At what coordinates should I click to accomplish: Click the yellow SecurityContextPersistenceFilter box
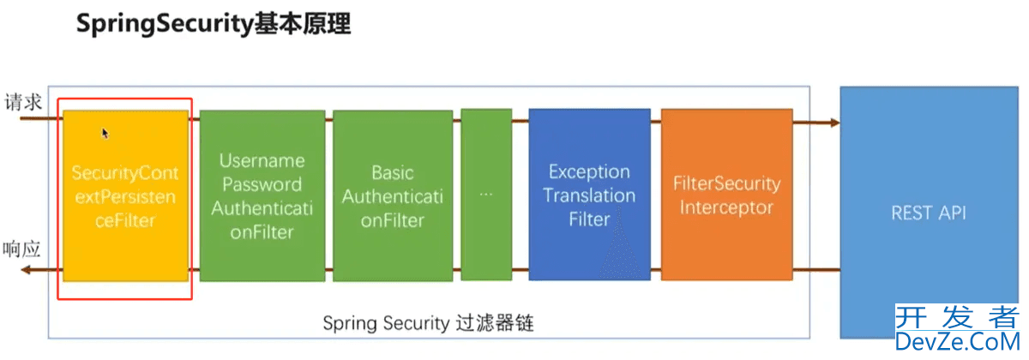point(125,195)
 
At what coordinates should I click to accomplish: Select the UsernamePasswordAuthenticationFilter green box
point(262,195)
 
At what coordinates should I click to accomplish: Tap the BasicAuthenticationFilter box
point(393,195)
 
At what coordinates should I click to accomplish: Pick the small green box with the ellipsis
point(486,195)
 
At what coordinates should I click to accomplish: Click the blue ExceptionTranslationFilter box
point(589,195)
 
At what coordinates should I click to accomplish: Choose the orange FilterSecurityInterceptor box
point(726,195)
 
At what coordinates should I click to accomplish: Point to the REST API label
point(928,213)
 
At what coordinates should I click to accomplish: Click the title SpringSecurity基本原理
point(214,24)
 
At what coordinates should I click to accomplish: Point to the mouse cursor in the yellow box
point(105,133)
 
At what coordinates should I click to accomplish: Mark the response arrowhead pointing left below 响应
point(27,270)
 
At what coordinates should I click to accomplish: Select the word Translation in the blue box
point(589,195)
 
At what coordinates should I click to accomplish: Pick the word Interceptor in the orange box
point(726,207)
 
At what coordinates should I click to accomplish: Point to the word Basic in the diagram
point(393,172)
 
